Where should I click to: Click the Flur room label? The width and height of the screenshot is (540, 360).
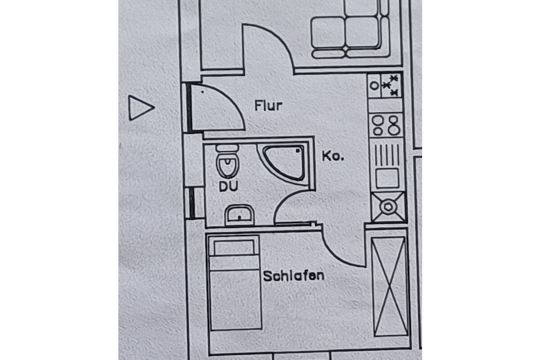(268, 105)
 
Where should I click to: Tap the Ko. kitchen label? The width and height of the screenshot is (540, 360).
(333, 156)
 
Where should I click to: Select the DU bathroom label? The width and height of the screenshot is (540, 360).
(229, 187)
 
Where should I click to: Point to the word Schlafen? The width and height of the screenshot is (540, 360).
(293, 276)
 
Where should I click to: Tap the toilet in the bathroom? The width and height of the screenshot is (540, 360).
(227, 161)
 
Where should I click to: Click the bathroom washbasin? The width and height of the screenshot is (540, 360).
(239, 215)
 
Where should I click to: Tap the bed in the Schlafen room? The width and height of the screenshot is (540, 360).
(234, 282)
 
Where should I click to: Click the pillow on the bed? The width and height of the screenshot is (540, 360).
(234, 247)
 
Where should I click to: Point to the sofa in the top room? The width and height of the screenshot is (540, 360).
(350, 31)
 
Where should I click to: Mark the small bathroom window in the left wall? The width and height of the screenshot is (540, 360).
(191, 203)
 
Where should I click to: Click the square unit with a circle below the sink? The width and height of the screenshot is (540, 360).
(389, 207)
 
